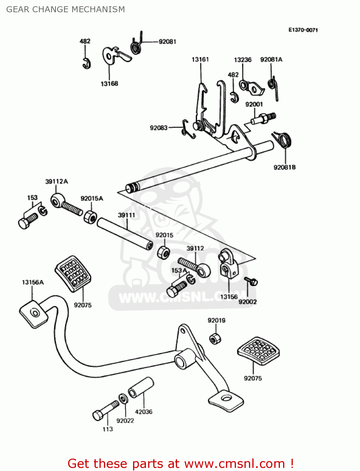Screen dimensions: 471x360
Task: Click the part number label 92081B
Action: pyautogui.click(x=284, y=167)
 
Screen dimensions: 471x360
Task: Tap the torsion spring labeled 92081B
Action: pyautogui.click(x=284, y=140)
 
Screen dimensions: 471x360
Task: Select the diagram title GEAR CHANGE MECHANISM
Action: pyautogui.click(x=66, y=9)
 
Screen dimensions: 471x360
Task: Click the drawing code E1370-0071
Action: pyautogui.click(x=303, y=30)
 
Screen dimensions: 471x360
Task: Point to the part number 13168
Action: pyautogui.click(x=109, y=84)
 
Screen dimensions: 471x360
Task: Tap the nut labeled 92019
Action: pyautogui.click(x=215, y=338)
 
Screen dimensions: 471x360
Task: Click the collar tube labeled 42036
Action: pyautogui.click(x=141, y=387)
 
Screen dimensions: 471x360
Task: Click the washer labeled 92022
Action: pyautogui.click(x=123, y=398)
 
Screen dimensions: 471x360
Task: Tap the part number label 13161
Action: pyautogui.click(x=200, y=59)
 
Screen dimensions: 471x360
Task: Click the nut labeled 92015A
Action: pyautogui.click(x=90, y=217)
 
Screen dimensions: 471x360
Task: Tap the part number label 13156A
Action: pyautogui.click(x=33, y=282)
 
